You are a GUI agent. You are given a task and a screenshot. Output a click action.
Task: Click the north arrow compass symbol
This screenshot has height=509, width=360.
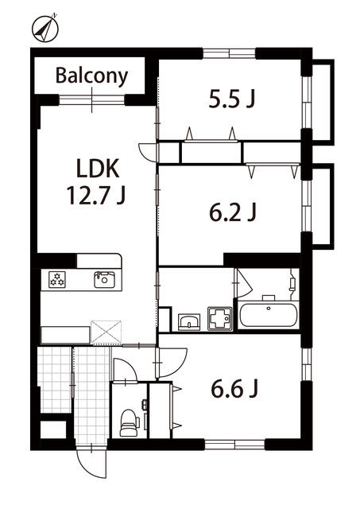coord(45,29)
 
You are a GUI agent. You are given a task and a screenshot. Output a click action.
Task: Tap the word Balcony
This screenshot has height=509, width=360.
coord(91,76)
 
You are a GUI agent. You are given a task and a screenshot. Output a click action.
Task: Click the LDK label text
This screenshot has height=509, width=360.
coord(98,169)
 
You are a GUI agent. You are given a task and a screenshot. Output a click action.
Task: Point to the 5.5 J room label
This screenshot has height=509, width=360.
coord(232,99)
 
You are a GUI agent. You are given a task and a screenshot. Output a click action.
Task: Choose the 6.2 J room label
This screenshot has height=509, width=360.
coord(233,212)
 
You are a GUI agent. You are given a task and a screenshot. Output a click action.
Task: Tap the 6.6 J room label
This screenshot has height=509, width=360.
coord(234,389)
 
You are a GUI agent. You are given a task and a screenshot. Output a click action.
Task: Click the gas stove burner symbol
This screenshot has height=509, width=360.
coord(57,279)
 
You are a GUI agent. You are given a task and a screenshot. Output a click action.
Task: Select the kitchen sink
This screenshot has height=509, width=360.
coord(104,279)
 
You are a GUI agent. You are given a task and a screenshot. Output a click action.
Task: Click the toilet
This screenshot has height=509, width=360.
coord(130,423)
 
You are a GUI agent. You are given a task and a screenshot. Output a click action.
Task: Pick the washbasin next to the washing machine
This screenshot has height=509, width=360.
coord(189,322)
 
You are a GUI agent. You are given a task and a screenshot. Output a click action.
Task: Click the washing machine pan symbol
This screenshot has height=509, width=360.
coord(220,318)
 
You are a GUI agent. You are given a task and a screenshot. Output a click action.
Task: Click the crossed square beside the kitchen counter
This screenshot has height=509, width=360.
coord(106,332)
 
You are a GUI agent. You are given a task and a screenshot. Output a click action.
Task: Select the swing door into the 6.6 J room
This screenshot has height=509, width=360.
coord(171,363)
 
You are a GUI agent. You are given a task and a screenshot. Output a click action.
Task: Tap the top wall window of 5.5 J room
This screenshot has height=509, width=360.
coord(230,53)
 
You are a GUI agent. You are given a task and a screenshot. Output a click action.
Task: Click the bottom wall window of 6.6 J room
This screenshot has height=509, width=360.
coord(234,444)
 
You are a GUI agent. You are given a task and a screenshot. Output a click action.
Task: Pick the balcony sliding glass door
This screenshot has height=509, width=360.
coord(92,99)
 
